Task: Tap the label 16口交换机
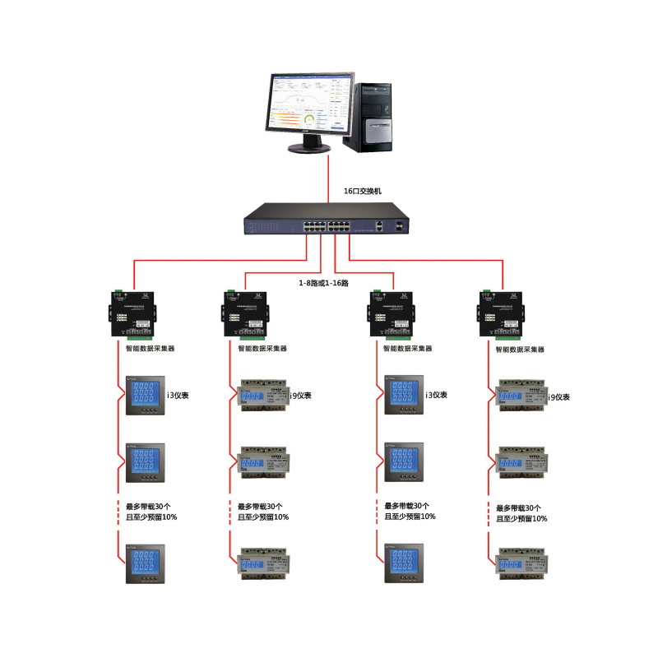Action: [x=363, y=191]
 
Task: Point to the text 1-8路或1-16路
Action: [x=323, y=283]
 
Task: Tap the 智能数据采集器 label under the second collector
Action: [x=263, y=348]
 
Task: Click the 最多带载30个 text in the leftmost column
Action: [x=151, y=506]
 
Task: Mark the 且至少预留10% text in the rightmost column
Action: [x=521, y=519]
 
